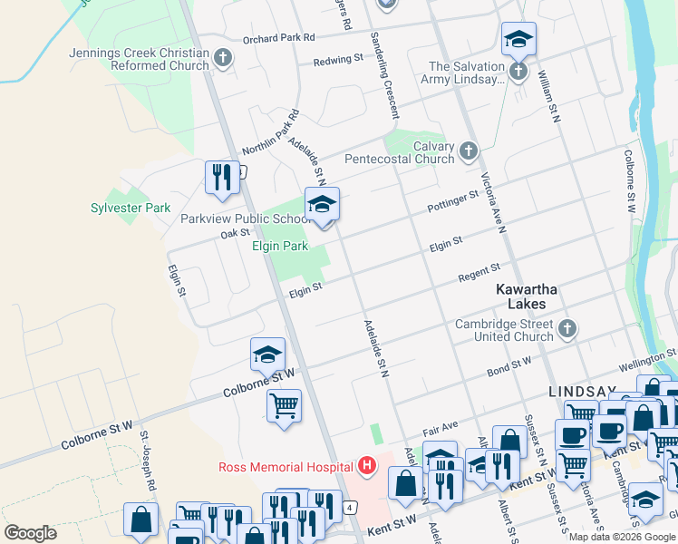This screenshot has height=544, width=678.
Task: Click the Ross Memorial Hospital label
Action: (285, 467)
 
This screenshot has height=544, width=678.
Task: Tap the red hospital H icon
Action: (367, 467)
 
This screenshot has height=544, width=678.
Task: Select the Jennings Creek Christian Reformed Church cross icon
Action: (224, 60)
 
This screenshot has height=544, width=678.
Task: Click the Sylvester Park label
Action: (131, 208)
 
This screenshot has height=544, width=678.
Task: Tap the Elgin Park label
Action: (279, 246)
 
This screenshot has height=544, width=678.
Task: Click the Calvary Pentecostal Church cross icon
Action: (469, 151)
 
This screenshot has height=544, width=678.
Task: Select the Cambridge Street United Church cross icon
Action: (567, 328)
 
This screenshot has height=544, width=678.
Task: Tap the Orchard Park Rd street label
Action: (278, 38)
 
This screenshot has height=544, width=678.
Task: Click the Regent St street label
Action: (479, 272)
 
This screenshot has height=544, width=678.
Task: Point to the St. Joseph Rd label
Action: (149, 468)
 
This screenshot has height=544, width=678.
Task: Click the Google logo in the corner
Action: (30, 533)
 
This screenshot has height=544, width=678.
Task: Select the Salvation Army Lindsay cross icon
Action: (518, 72)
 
